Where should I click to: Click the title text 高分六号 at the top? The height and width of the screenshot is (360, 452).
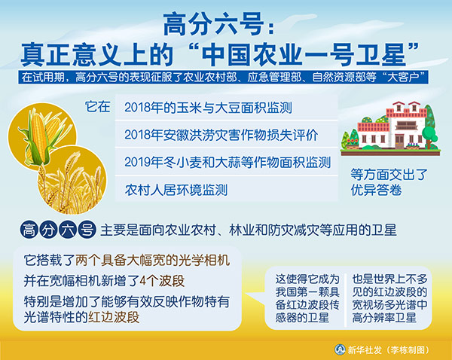[213, 25]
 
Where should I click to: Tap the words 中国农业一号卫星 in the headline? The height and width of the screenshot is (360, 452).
[304, 54]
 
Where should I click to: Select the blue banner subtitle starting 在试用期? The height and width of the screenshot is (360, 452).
[223, 77]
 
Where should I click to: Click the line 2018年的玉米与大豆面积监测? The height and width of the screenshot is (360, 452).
[208, 108]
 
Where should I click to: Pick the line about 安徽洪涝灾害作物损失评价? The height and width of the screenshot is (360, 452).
[221, 135]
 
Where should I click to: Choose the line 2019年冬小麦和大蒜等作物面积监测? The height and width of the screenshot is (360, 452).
[228, 162]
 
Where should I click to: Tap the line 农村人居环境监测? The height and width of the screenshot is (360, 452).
[176, 190]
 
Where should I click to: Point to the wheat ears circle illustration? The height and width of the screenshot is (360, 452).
[72, 181]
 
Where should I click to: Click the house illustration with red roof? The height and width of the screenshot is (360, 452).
[390, 129]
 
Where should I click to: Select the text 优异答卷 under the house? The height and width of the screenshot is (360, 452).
[376, 191]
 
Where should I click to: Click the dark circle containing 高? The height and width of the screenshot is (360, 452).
[29, 230]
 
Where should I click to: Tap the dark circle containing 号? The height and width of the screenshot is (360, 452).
[87, 230]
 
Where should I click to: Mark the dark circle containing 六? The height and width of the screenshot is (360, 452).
[68, 230]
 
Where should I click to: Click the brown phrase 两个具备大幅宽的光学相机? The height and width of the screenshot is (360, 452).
[153, 261]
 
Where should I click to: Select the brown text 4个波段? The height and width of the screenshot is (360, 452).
[162, 281]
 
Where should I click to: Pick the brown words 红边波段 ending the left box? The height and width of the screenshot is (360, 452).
[114, 317]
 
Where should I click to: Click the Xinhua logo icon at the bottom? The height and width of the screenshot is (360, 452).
[341, 349]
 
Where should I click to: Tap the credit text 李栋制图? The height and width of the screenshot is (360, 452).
[408, 350]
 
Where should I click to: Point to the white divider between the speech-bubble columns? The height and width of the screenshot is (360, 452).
[346, 299]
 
